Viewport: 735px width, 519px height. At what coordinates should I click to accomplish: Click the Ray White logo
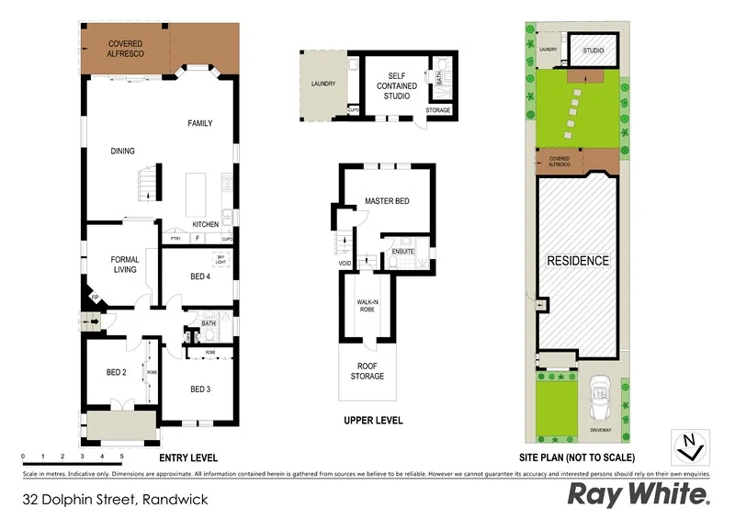(639, 494)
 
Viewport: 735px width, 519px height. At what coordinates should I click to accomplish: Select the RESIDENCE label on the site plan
(578, 261)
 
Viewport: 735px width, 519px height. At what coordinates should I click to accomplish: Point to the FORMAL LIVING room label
(125, 265)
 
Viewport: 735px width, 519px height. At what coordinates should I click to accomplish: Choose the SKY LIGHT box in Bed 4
(220, 260)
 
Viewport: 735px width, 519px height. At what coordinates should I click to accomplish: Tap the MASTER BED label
(386, 200)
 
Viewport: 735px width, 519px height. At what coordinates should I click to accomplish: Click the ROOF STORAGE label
(367, 371)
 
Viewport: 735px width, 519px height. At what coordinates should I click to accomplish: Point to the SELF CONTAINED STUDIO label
(396, 86)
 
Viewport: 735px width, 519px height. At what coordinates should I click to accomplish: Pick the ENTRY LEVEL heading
(188, 457)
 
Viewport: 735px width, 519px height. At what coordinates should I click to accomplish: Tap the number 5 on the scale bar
(121, 456)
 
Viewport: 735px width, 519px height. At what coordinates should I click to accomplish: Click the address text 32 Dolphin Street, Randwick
(115, 500)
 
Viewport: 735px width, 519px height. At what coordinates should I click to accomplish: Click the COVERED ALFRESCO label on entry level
(125, 48)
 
